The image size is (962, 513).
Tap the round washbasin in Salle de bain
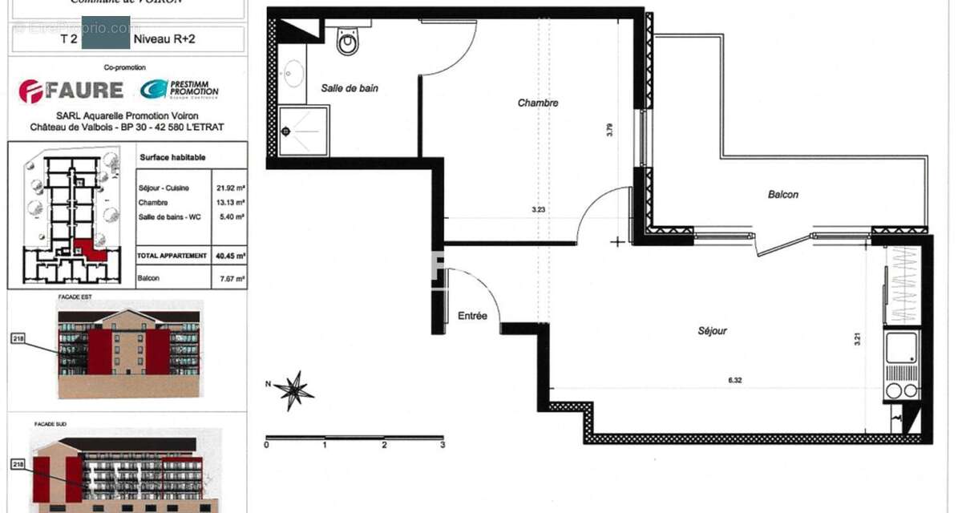(290, 74)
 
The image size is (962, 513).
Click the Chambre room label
(537, 103)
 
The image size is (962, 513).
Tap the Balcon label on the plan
(782, 194)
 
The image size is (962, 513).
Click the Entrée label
(472, 316)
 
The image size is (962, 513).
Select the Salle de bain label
(350, 88)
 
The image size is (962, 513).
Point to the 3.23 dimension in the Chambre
(538, 210)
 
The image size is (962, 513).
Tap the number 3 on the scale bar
(442, 445)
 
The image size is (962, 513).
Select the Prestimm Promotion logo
(178, 90)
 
